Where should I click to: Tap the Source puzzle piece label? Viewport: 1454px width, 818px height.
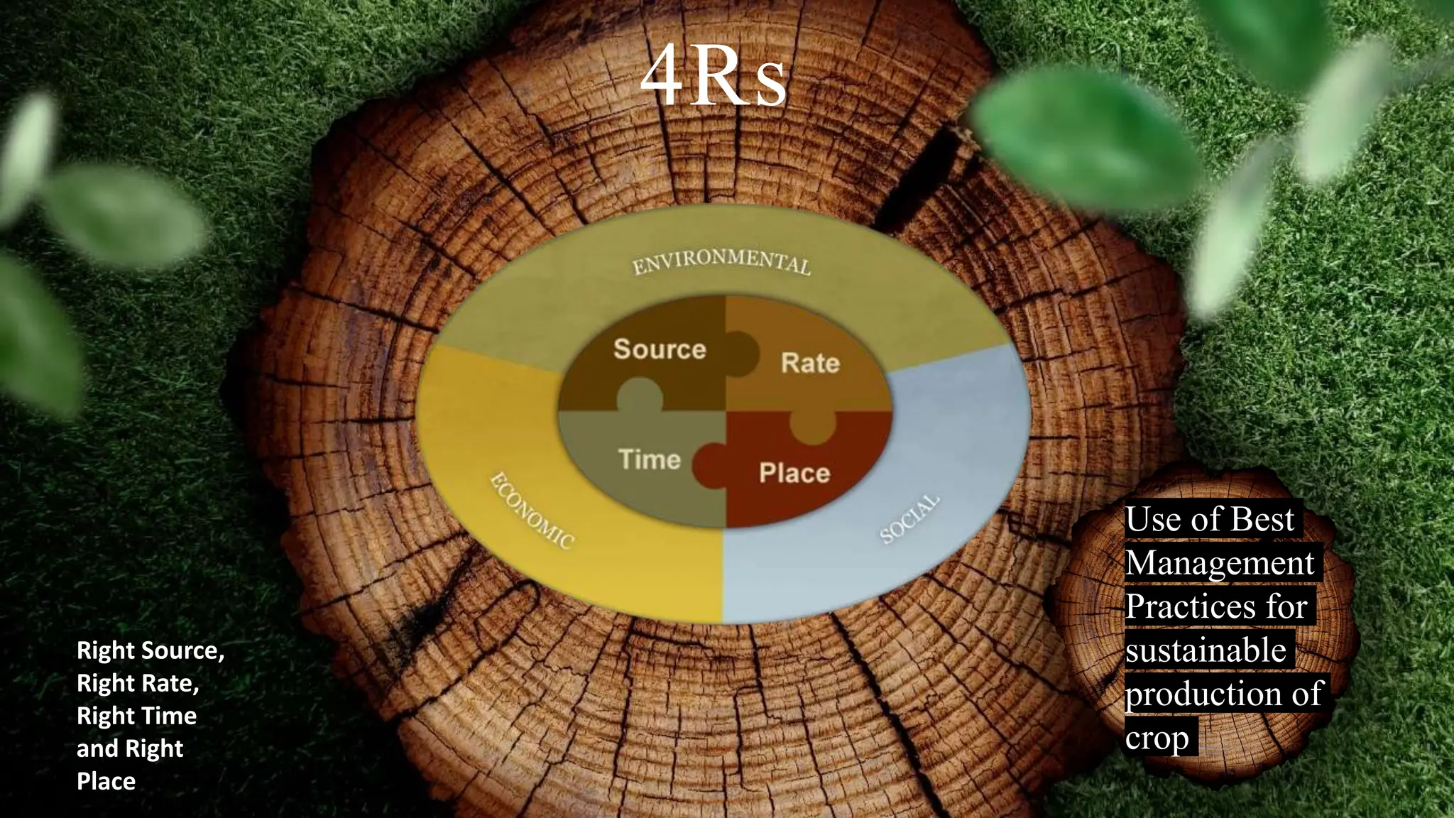click(x=660, y=349)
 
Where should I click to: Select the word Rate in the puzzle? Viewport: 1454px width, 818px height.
click(x=810, y=363)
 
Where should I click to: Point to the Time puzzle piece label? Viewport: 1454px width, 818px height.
click(x=650, y=459)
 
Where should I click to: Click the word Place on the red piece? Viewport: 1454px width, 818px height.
click(x=794, y=473)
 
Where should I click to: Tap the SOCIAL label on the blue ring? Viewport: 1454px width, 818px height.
click(x=910, y=519)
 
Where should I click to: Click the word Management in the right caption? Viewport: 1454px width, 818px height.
click(x=1220, y=563)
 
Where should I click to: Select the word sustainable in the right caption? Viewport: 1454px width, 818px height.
click(x=1206, y=650)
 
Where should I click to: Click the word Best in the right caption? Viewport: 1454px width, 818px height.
click(x=1262, y=519)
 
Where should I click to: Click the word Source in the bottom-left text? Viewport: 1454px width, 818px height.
click(x=182, y=651)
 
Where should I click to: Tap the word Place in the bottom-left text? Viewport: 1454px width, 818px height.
click(x=106, y=781)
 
